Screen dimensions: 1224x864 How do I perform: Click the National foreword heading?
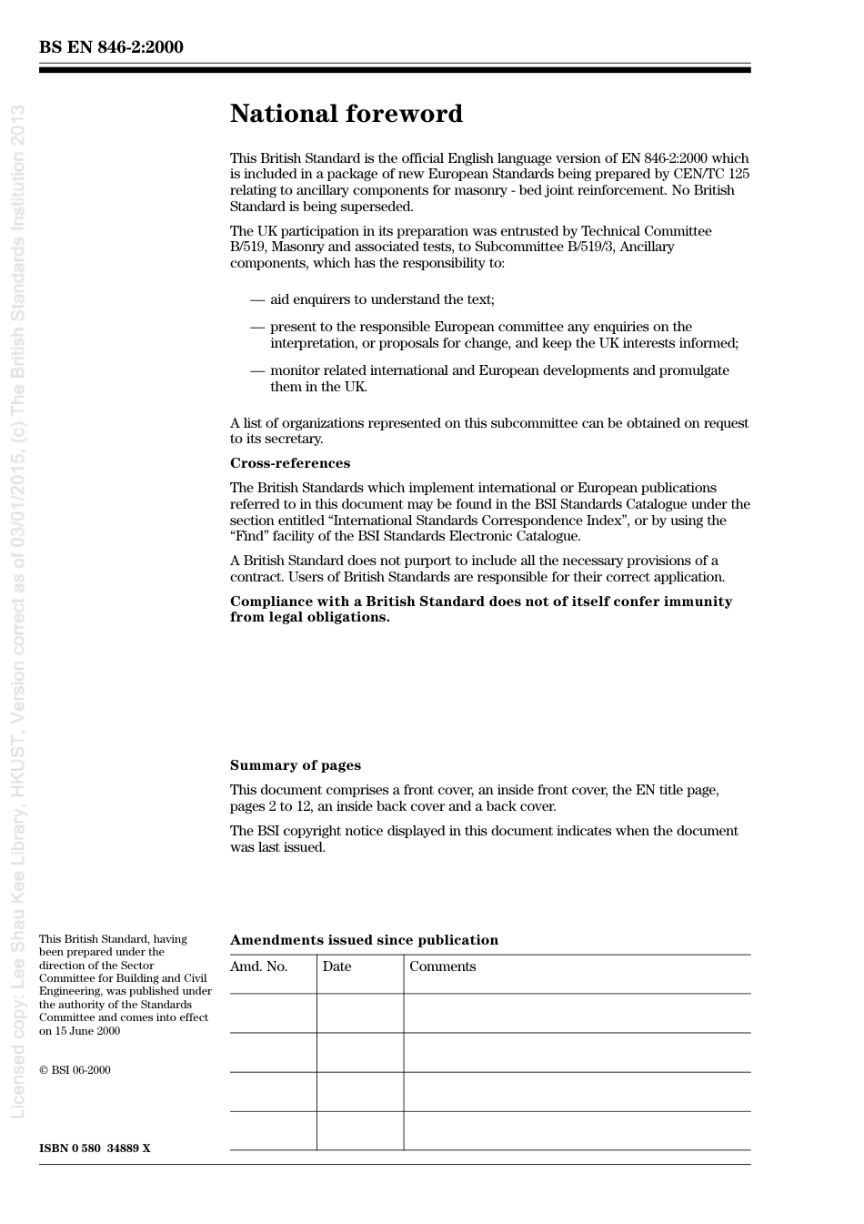[346, 114]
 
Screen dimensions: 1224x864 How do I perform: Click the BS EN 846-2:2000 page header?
[111, 47]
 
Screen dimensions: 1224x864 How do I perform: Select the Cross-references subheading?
[289, 463]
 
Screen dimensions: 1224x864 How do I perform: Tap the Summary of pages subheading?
[295, 765]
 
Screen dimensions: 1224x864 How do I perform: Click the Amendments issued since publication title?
[364, 940]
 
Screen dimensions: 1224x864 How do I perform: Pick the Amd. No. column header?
[258, 966]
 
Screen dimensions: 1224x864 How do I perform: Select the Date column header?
[337, 966]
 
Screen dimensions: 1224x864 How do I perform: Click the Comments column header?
[442, 966]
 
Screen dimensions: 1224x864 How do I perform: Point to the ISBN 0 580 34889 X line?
[95, 1148]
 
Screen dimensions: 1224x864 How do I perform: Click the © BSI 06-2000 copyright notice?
[75, 1070]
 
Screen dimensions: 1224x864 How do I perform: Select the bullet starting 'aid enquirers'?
[382, 299]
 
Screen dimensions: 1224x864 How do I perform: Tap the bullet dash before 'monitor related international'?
[257, 370]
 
